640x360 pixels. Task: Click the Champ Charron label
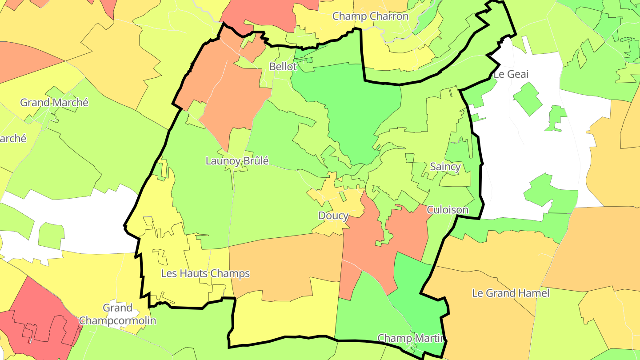pos(370,16)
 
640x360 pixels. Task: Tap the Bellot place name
pos(283,67)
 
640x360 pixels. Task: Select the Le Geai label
pos(511,74)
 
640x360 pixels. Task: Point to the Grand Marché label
pos(54,103)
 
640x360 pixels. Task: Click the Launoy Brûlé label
pos(237,161)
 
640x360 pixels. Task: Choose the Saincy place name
pos(445,167)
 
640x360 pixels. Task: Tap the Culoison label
pos(448,210)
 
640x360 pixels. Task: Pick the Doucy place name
pos(333,216)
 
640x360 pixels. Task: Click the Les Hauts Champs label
pos(205,273)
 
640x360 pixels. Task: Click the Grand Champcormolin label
pos(117,314)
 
